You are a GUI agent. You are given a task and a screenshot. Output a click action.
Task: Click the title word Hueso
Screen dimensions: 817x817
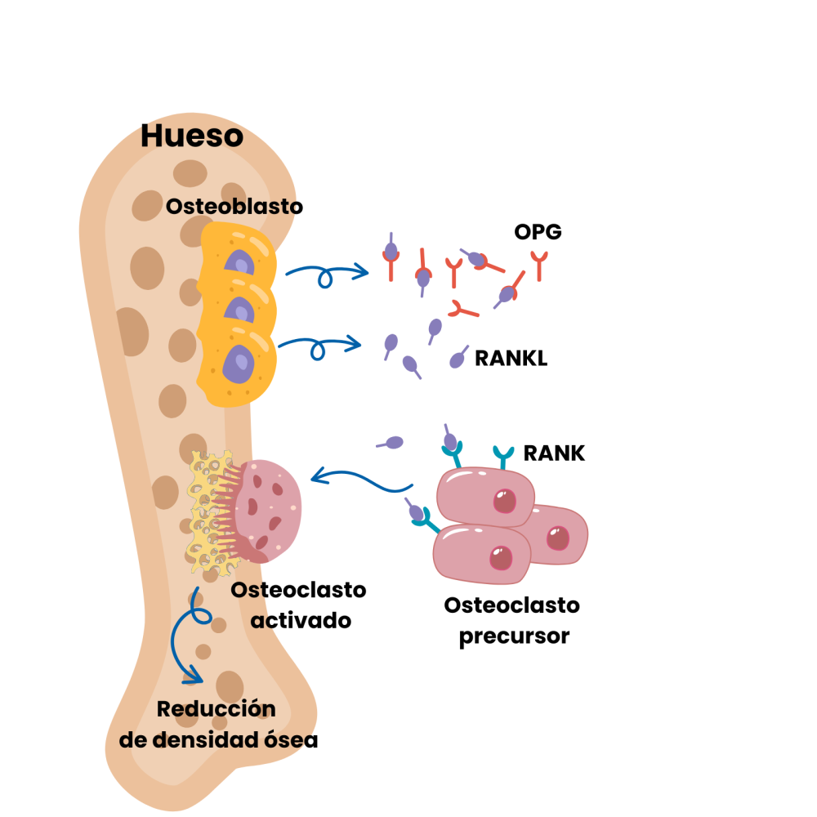click(191, 136)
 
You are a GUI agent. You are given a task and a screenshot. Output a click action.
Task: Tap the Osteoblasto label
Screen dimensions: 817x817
click(234, 207)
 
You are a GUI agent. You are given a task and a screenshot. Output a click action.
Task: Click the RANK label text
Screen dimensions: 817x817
click(554, 453)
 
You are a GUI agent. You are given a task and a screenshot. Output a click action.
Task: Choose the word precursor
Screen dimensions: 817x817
click(513, 636)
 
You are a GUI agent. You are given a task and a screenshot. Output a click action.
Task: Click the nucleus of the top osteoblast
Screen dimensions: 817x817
click(240, 262)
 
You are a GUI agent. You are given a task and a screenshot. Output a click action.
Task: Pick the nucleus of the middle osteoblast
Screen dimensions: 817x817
click(239, 311)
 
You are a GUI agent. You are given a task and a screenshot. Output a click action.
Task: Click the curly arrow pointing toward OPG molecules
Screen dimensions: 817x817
click(327, 274)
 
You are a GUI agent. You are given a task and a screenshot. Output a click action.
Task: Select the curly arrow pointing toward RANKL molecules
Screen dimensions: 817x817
click(320, 346)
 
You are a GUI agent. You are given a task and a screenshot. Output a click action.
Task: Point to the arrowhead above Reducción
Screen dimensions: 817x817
click(193, 676)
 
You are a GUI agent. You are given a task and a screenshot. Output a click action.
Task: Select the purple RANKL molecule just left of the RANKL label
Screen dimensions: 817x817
click(459, 358)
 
